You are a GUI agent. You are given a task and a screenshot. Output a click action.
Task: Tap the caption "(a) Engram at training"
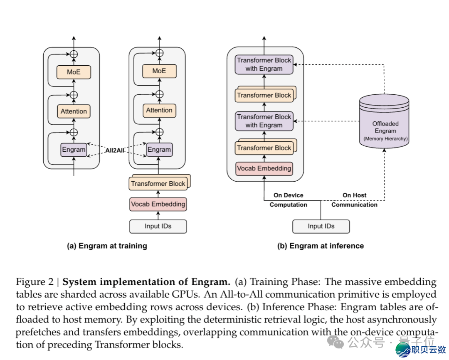[x=107, y=246]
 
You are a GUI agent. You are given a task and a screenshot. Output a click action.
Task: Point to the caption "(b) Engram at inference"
[x=320, y=246]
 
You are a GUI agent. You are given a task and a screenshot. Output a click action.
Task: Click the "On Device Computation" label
[x=289, y=200]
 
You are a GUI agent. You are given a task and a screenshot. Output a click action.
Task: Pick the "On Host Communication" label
[x=354, y=200]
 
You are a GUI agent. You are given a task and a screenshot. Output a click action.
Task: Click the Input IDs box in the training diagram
[x=158, y=226]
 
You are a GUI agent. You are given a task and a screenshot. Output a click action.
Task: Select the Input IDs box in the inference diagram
[x=321, y=226]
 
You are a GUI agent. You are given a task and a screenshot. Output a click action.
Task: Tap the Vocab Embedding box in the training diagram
[x=158, y=204]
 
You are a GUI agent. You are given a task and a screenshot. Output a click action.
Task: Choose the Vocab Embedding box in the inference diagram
[x=264, y=168]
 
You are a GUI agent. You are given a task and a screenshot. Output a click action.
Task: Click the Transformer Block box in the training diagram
[x=158, y=183]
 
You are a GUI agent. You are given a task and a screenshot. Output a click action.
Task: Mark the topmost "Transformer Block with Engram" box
[x=264, y=64]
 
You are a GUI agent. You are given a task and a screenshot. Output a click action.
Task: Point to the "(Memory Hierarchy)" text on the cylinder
[x=385, y=138]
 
